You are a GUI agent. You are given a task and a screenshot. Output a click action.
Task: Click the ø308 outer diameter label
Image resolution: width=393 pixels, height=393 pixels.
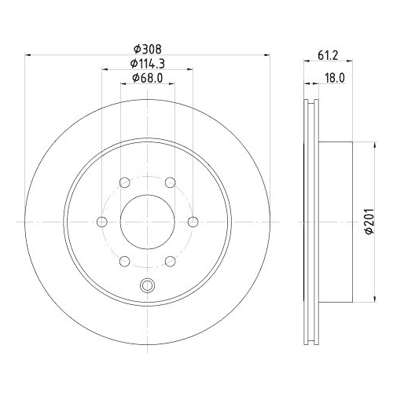point(148,47)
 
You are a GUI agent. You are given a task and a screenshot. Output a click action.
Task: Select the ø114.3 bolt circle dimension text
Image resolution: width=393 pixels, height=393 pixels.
point(148,63)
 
